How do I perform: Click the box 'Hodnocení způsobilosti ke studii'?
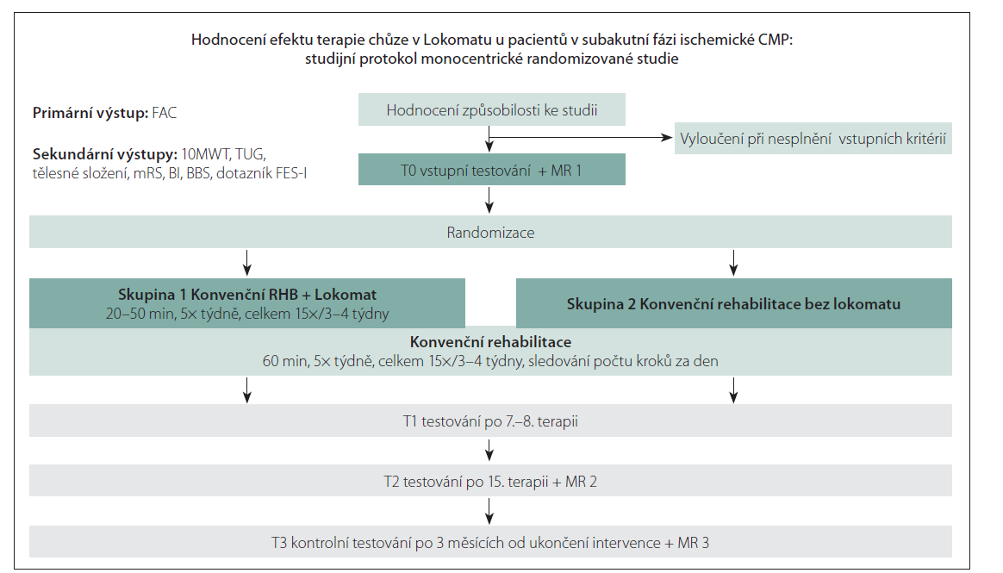point(491,110)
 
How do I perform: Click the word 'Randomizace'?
point(490,233)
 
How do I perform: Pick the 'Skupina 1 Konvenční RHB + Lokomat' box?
point(247,302)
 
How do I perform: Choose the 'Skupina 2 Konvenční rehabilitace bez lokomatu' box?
point(733,303)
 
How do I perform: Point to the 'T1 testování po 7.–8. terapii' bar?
point(490,421)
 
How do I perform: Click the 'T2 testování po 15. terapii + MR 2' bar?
point(490,482)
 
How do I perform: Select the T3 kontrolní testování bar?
point(490,543)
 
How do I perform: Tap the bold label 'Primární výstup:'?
point(90,113)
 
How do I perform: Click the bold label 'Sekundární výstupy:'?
point(103,154)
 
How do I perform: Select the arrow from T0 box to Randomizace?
point(490,201)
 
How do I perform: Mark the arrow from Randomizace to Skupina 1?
point(247,261)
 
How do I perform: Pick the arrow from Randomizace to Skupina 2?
point(733,261)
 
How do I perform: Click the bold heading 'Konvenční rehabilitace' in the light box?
point(490,342)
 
